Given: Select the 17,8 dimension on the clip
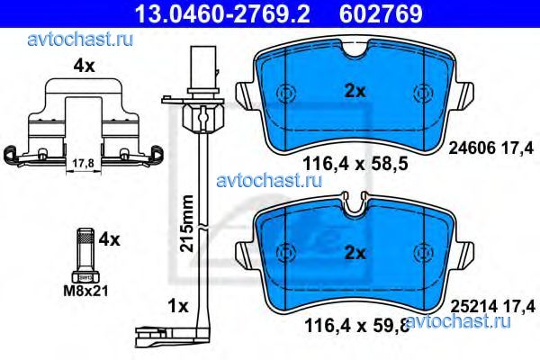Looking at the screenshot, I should [x=81, y=164].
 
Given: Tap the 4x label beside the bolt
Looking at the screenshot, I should [x=110, y=240].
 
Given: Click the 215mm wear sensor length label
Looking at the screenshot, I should [x=186, y=222].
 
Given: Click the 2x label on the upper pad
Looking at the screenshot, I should [x=353, y=89].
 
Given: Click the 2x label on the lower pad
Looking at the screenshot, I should [x=353, y=253].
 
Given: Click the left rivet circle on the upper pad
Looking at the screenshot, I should [x=286, y=92].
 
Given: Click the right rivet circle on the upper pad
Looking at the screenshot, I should [x=422, y=92].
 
